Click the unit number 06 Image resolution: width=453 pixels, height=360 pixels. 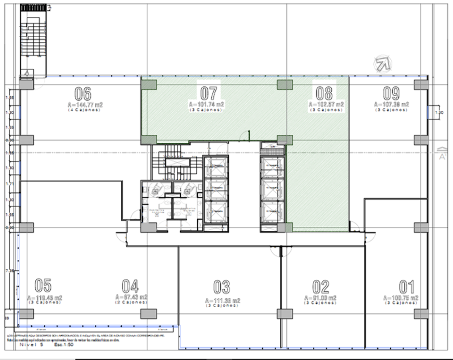[x=83, y=94]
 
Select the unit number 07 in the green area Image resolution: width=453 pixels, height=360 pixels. [x=209, y=93]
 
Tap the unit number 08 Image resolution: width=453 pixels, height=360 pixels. [x=325, y=93]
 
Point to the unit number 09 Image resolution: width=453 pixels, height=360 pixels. [x=391, y=93]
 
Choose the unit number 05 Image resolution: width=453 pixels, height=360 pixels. [x=43, y=285]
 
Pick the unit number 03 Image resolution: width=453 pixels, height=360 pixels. [x=222, y=287]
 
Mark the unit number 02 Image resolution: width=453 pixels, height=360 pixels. [x=321, y=287]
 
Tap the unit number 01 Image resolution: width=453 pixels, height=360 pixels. [x=406, y=287]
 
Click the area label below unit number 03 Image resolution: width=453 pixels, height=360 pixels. [x=222, y=300]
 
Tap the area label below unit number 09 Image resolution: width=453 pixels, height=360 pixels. [x=391, y=104]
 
